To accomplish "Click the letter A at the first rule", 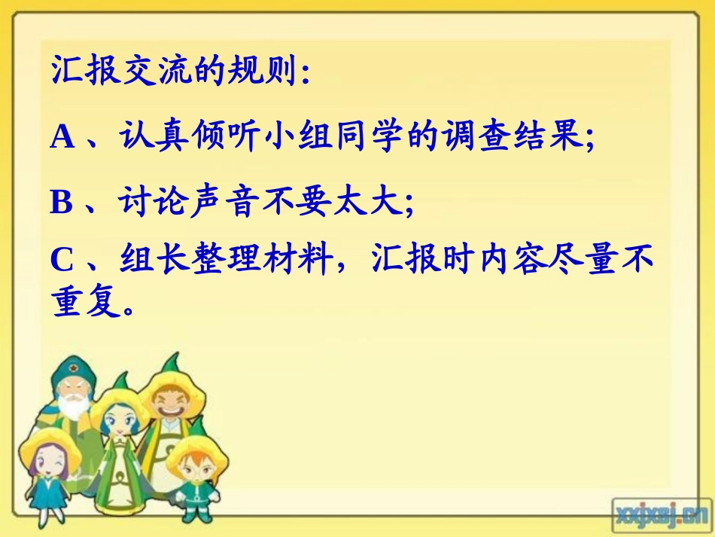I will (x=63, y=138).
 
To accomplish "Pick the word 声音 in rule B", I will (x=227, y=203).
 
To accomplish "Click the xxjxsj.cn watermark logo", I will (x=660, y=515).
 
